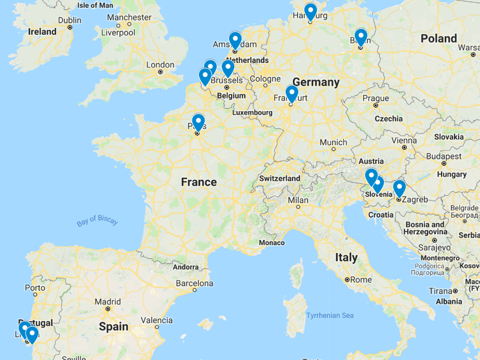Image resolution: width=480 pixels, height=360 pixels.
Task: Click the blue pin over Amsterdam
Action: (x=235, y=40)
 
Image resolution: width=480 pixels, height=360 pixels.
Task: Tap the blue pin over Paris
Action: (x=198, y=122)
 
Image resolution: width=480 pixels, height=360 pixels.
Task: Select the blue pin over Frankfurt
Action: (x=292, y=94)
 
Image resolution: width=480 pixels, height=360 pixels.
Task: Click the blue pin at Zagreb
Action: (x=399, y=188)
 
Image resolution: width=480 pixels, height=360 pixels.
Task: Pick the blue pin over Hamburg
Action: (x=311, y=11)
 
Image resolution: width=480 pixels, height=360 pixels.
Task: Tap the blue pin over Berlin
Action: (x=361, y=37)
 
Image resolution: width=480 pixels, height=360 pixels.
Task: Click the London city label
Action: (x=161, y=65)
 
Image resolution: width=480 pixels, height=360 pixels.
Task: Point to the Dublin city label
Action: (x=70, y=20)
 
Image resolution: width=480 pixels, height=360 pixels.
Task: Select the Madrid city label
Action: (x=108, y=302)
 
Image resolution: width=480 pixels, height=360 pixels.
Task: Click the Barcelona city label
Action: (x=195, y=284)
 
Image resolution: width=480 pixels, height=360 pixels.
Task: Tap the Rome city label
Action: (x=361, y=279)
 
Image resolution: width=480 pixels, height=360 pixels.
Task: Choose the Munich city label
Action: (x=334, y=142)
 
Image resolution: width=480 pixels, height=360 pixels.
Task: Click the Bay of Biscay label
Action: (x=98, y=221)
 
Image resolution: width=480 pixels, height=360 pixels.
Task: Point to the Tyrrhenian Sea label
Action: (x=330, y=315)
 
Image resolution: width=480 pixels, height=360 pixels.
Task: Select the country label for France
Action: (x=199, y=182)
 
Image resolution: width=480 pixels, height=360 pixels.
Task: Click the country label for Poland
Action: (x=439, y=38)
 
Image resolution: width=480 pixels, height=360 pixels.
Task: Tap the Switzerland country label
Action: (x=280, y=178)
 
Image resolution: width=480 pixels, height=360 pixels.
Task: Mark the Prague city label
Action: (x=376, y=98)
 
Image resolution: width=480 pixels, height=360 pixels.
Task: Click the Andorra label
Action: (x=185, y=267)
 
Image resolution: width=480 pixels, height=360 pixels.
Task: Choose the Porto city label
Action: (x=35, y=288)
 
